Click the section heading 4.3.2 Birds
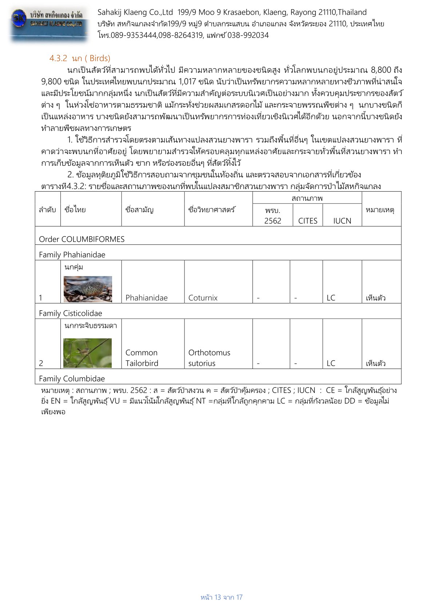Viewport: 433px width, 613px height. (80, 58)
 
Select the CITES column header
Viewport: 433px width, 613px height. (307, 221)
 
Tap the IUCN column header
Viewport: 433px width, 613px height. (342, 221)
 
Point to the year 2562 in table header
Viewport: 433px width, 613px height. (273, 221)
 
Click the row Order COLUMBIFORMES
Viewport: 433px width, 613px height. (82, 239)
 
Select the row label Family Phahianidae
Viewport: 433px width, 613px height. (72, 255)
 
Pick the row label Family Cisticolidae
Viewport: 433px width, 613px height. (71, 313)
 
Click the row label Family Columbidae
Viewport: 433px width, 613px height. (72, 378)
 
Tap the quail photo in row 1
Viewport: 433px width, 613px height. (88, 289)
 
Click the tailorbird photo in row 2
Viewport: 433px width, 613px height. (87, 353)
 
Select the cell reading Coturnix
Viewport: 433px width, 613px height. (203, 298)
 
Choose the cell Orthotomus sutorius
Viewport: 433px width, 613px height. (209, 358)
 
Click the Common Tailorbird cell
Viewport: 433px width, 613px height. (142, 358)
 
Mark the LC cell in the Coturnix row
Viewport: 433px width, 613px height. (331, 298)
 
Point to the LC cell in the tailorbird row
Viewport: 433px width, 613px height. (331, 363)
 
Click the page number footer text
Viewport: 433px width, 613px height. (221, 597)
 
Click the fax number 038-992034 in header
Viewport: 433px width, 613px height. (248, 35)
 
